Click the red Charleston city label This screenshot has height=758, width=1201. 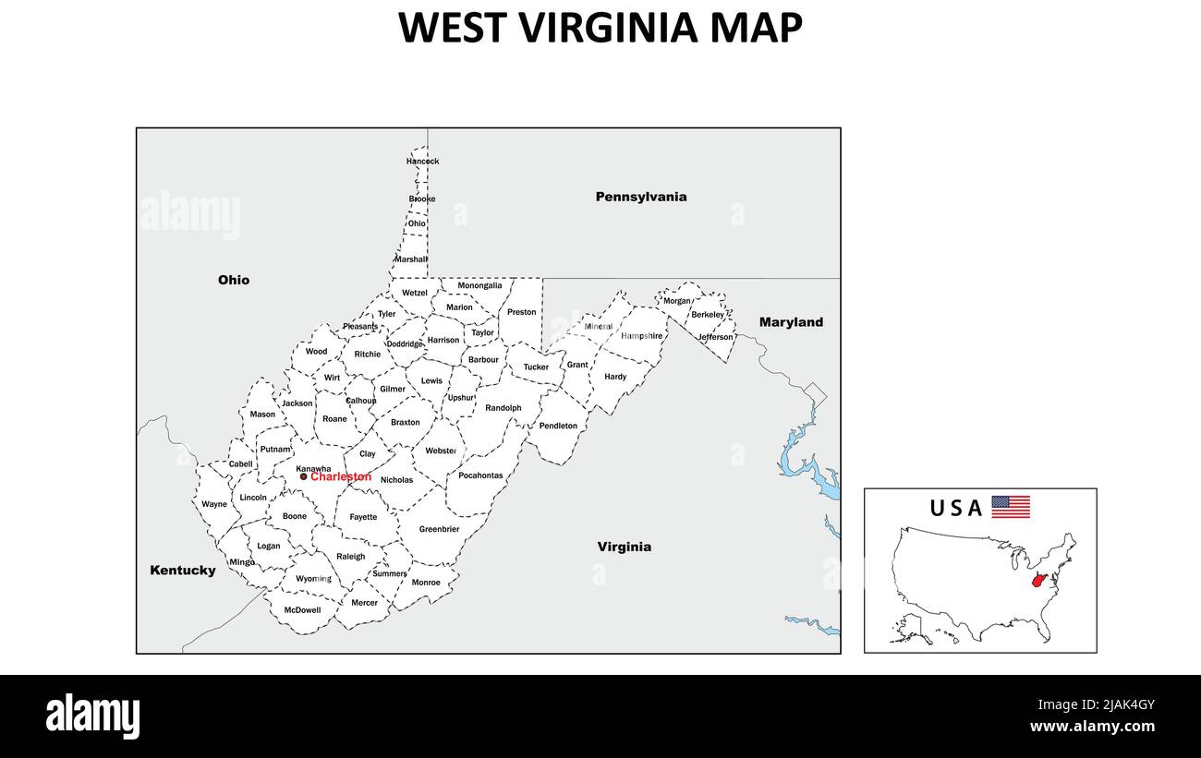pyautogui.click(x=341, y=477)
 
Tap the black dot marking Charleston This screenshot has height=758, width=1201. pyautogui.click(x=303, y=476)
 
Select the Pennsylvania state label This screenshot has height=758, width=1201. pyautogui.click(x=640, y=197)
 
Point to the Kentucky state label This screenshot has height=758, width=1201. pyautogui.click(x=183, y=571)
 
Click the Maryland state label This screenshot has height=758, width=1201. pyautogui.click(x=791, y=322)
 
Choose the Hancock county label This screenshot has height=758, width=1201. pyautogui.click(x=422, y=162)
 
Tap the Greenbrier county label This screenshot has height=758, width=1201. pyautogui.click(x=439, y=530)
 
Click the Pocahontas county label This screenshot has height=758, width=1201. pyautogui.click(x=480, y=476)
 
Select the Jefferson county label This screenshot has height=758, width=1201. pyautogui.click(x=715, y=337)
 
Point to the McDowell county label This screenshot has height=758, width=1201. pyautogui.click(x=302, y=610)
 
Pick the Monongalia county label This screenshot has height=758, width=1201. pyautogui.click(x=479, y=286)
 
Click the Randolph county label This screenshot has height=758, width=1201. pyautogui.click(x=503, y=408)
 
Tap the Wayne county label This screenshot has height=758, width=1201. pyautogui.click(x=214, y=505)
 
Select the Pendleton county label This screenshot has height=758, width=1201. pyautogui.click(x=558, y=427)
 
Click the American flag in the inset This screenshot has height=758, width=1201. pyautogui.click(x=1011, y=507)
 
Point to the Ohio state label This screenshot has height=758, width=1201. pyautogui.click(x=234, y=280)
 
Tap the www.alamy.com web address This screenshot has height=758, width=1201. pyautogui.click(x=1092, y=727)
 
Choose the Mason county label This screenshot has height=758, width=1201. pyautogui.click(x=262, y=415)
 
